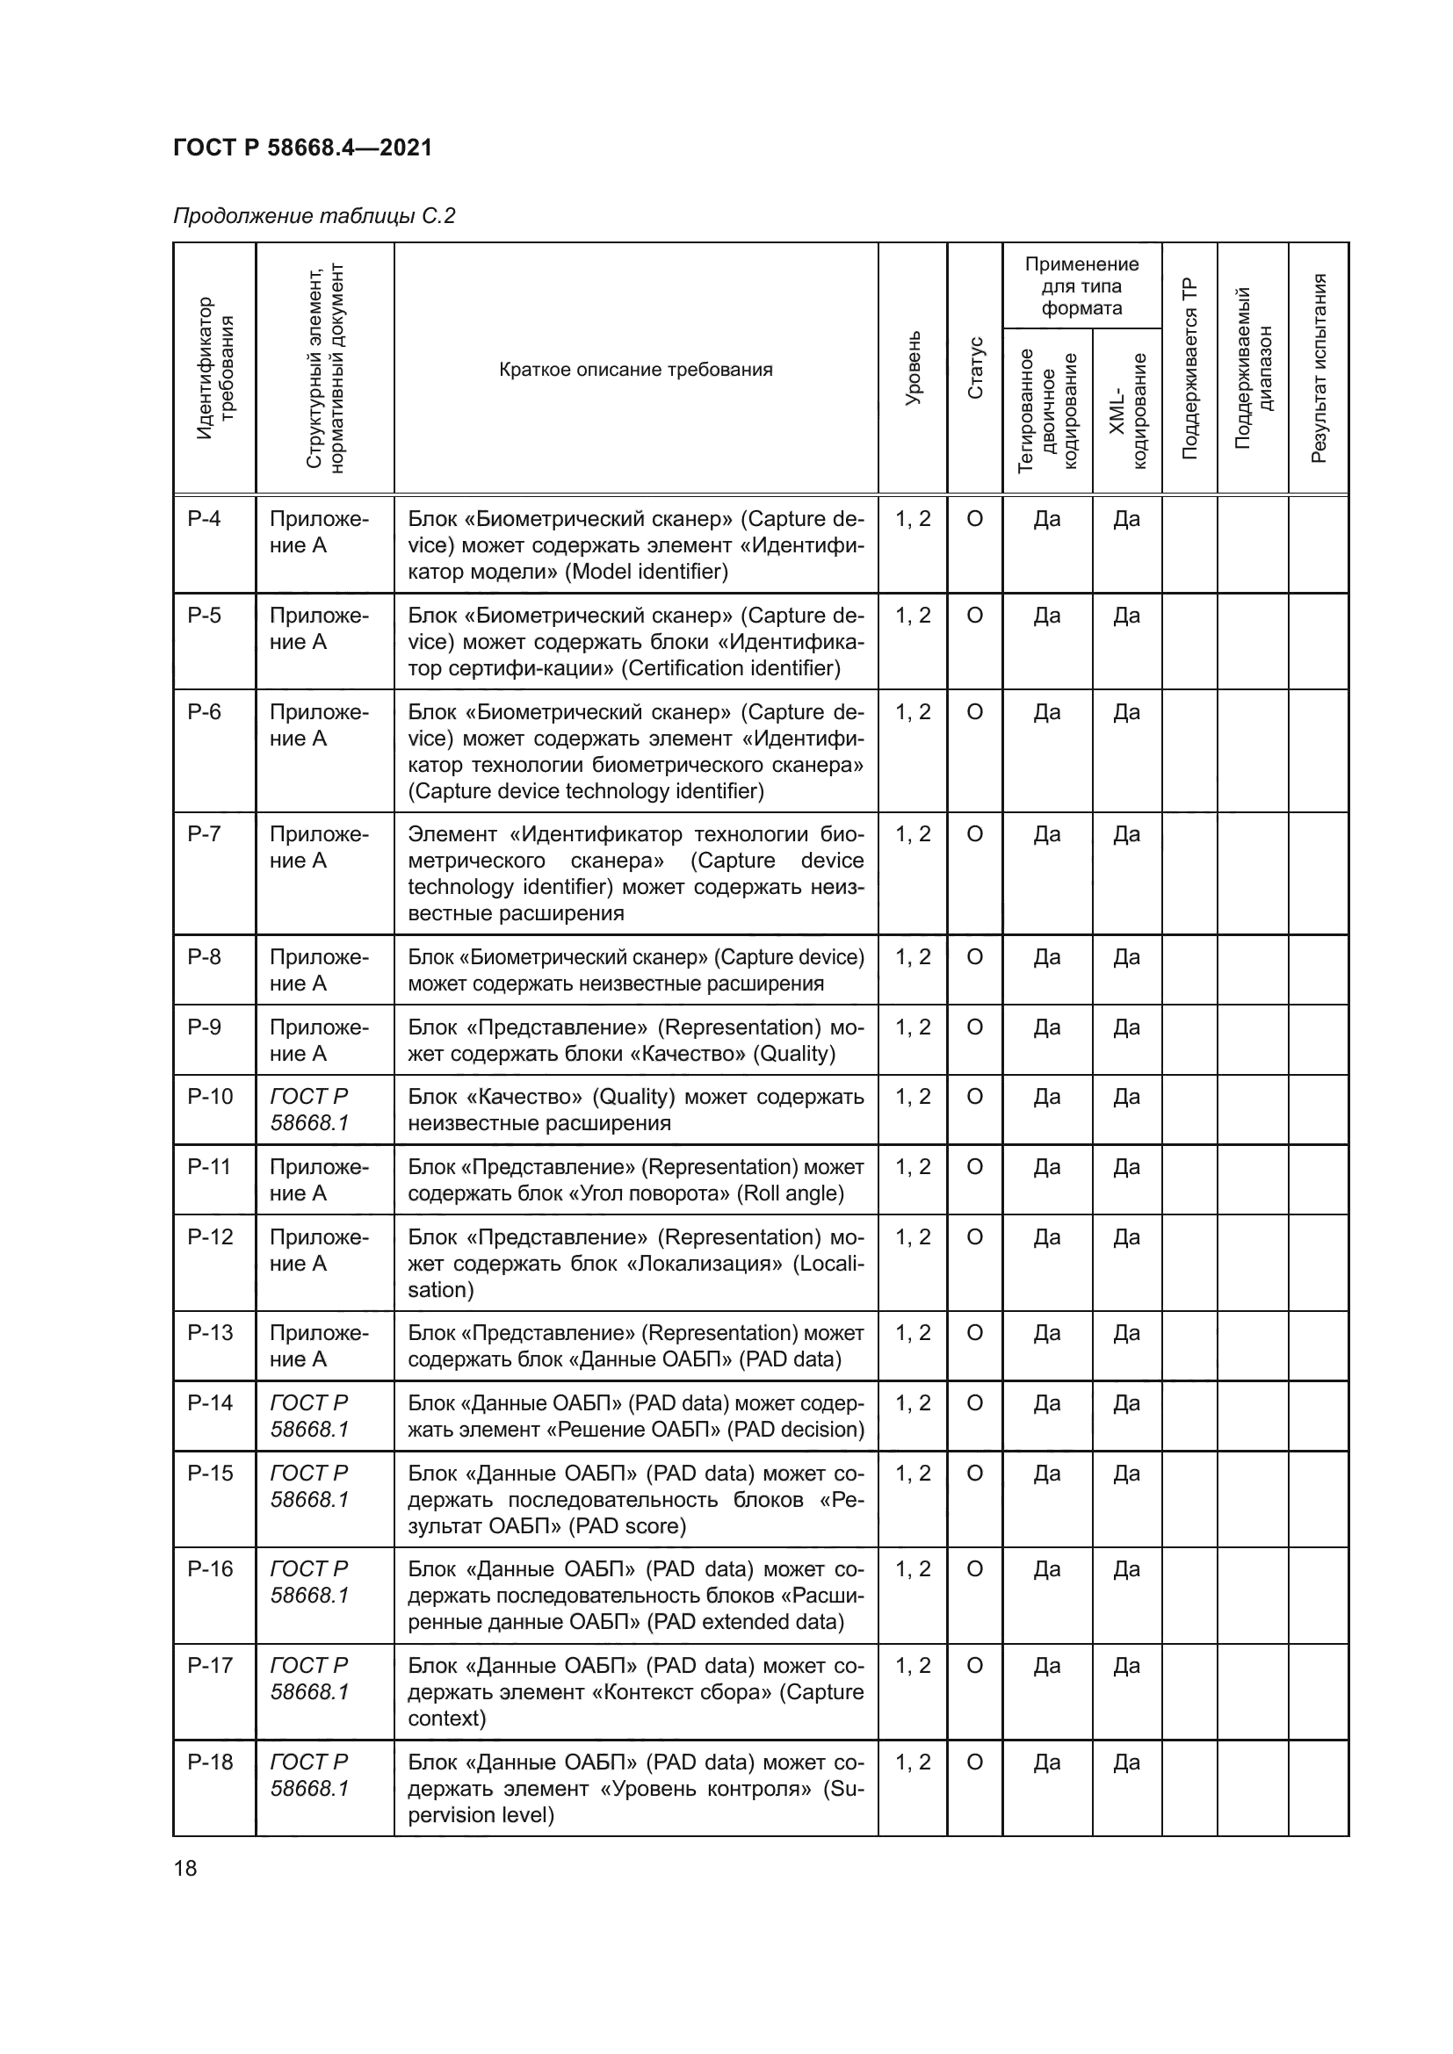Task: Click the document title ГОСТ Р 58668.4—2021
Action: coord(302,148)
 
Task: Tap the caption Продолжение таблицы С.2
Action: coord(314,216)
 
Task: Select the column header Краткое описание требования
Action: coord(635,370)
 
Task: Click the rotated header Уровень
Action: coord(913,368)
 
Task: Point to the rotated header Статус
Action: coord(975,368)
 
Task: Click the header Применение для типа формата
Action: coord(1081,286)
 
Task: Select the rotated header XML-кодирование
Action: coord(1127,410)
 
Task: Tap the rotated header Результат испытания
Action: coord(1318,368)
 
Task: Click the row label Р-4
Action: coord(204,519)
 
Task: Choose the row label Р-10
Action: coord(209,1097)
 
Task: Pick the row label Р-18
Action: coord(209,1762)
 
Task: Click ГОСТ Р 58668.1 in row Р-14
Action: coord(309,1416)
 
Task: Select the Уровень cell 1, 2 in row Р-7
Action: coord(913,833)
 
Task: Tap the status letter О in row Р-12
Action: coord(975,1237)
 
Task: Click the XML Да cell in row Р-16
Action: coord(1126,1568)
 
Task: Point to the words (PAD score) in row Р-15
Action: coord(629,1526)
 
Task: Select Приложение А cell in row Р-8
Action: coord(319,969)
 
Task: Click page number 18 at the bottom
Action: coord(185,1868)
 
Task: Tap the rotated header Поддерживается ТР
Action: coord(1189,368)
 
